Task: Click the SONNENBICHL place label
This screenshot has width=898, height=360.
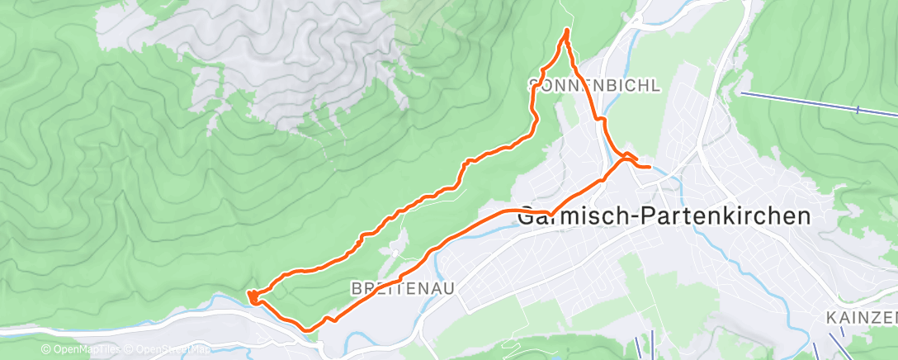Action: click(x=595, y=85)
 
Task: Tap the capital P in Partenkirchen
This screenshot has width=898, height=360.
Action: click(x=637, y=216)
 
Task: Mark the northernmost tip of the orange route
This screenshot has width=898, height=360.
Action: click(x=566, y=31)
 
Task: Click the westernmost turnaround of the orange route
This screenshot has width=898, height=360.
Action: click(x=250, y=294)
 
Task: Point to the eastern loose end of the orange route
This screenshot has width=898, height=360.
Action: click(x=650, y=168)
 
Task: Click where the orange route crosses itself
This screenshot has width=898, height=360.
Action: click(x=625, y=157)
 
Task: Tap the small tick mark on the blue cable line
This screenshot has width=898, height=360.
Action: click(x=858, y=110)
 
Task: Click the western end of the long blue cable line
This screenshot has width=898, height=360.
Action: click(x=741, y=93)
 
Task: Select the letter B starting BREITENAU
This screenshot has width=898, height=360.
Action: click(x=356, y=288)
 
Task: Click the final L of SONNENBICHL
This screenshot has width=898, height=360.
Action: click(x=657, y=85)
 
